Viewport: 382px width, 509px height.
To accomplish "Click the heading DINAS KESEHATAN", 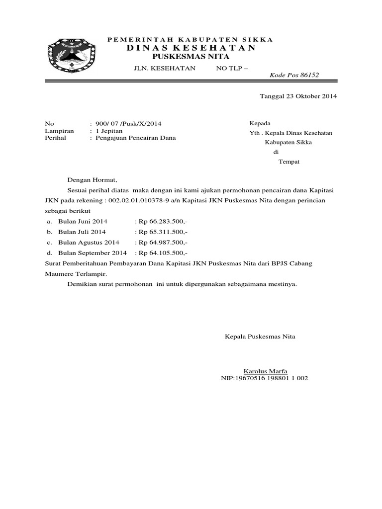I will (191, 48).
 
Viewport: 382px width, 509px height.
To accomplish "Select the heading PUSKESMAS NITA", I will (191, 57).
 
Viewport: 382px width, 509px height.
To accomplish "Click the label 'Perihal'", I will (56, 139).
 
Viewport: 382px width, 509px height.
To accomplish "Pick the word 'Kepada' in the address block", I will (260, 123).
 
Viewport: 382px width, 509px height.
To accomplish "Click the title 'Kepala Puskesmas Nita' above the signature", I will (261, 337).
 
